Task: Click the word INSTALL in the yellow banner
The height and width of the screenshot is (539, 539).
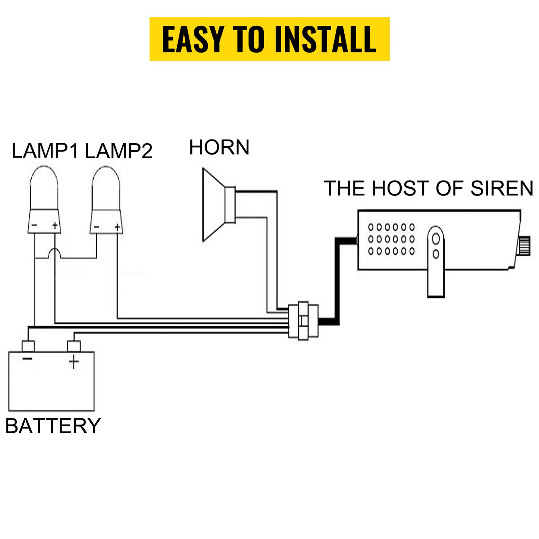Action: coord(325,40)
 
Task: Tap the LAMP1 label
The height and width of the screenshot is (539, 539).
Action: coord(45,151)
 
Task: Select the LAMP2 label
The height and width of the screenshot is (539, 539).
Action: coord(119,151)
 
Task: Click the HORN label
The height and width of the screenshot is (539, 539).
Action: coord(219,147)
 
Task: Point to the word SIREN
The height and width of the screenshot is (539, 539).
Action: coord(502,188)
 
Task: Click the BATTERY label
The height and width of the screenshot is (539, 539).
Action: coord(53,426)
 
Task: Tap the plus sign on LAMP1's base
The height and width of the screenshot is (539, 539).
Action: coord(55,225)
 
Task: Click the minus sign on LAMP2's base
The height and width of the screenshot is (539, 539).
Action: coord(97,227)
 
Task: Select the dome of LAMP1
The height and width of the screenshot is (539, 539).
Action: coord(44,188)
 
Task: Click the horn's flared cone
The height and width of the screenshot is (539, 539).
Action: coord(214,204)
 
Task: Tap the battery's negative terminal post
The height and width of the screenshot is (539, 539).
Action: coord(28,346)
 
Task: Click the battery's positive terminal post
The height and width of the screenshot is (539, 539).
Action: coord(74,346)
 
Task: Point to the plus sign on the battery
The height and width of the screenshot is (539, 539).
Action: coord(74,362)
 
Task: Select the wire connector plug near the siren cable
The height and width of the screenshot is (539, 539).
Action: coord(303,320)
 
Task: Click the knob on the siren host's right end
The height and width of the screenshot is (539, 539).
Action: coord(525,245)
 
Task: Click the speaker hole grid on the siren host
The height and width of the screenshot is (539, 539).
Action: coord(391,239)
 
